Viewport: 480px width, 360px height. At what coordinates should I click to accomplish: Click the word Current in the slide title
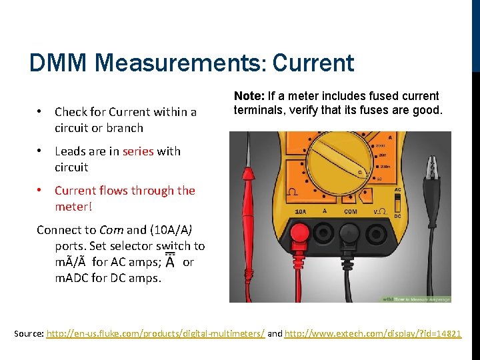(x=313, y=63)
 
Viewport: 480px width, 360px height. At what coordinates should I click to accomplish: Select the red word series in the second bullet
(x=138, y=151)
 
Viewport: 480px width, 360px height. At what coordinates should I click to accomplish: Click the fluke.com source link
(x=155, y=333)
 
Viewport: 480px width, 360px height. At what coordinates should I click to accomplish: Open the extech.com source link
(x=373, y=333)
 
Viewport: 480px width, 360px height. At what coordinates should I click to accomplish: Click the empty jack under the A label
(x=325, y=231)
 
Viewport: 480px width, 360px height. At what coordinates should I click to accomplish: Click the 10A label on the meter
(x=300, y=211)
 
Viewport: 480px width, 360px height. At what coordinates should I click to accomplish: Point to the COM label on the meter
(x=350, y=211)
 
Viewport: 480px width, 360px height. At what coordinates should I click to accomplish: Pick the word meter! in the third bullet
(x=71, y=207)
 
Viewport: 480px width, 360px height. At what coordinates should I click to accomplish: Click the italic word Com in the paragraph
(x=111, y=230)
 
